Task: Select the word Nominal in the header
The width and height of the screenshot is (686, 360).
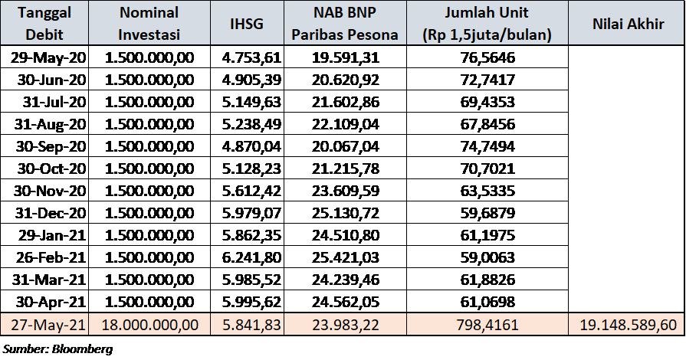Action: (149, 13)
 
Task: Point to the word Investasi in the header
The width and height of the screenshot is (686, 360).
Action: (149, 34)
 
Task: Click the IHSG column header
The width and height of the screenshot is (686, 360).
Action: (247, 24)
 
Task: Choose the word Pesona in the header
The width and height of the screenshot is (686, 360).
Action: (373, 34)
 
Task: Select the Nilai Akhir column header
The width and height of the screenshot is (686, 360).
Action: (627, 24)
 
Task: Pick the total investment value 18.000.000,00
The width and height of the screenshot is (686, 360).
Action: (149, 325)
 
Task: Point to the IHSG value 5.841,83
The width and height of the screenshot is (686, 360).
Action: (247, 325)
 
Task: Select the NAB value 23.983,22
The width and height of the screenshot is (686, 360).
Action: (345, 325)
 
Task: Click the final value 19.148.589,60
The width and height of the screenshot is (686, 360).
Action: (627, 325)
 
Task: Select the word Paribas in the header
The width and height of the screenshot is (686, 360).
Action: (322, 34)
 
